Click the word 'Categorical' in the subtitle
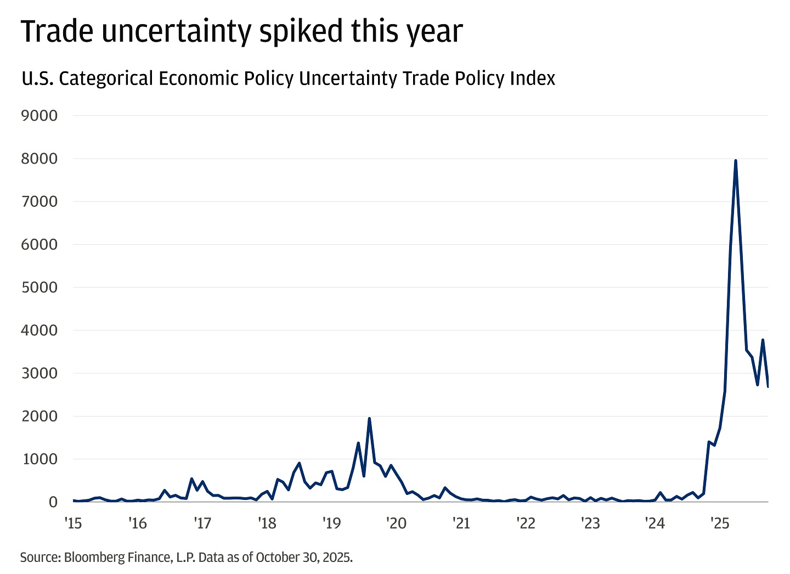106,78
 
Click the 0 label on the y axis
53,502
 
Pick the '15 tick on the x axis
73,523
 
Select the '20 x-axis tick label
396,523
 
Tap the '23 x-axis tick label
590,523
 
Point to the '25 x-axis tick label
720,523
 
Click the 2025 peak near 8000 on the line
735,161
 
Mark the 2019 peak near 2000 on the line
369,418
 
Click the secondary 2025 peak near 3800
763,340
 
